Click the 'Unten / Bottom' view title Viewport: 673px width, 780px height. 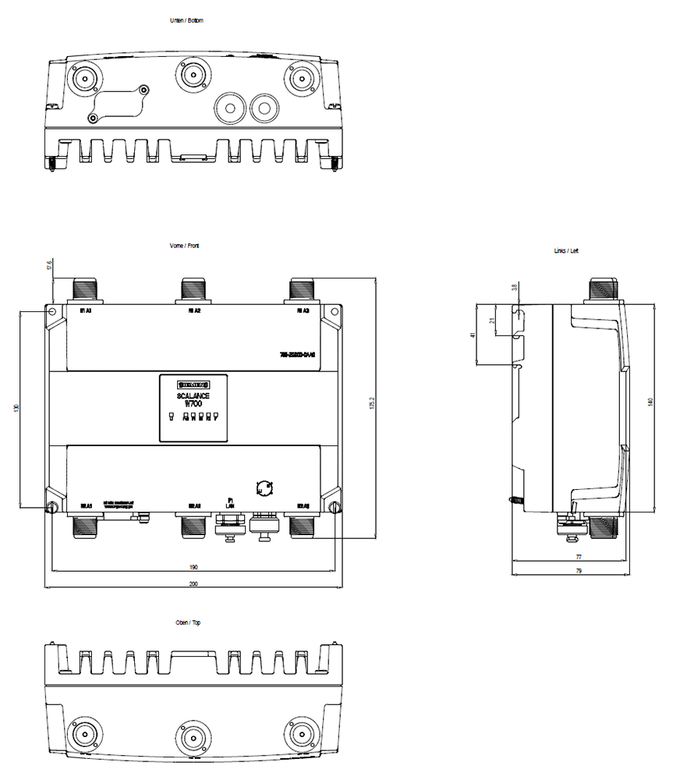[186, 20]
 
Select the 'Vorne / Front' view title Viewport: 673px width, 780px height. [185, 246]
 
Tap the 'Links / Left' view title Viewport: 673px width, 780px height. [567, 251]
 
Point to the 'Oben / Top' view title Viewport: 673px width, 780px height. [188, 623]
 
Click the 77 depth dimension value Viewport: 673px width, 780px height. [579, 558]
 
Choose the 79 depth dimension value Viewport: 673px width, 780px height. [579, 572]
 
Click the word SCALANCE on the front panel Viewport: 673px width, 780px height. [193, 396]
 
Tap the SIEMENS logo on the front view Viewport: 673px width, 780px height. [193, 385]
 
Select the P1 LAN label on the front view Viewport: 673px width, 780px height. [230, 502]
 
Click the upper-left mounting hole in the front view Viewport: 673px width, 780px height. [52, 312]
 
